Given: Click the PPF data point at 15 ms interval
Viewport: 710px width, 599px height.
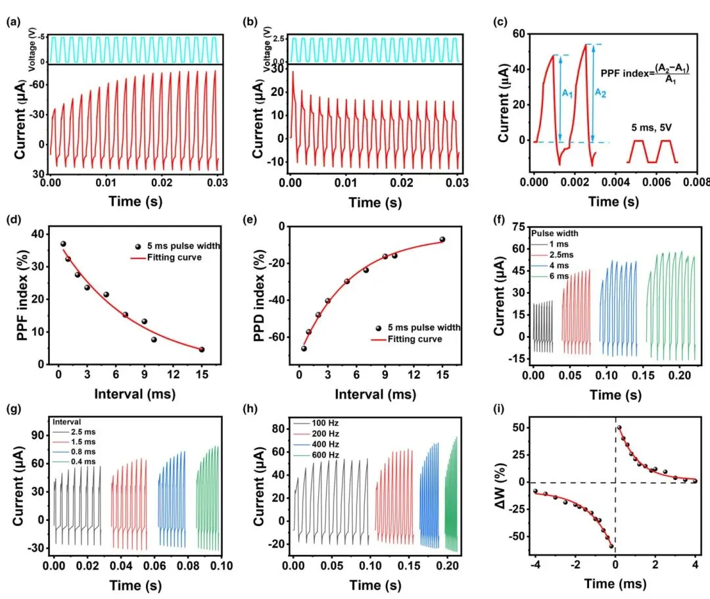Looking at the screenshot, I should click(201, 350).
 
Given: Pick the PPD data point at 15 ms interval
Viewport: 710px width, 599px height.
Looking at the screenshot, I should click(442, 239).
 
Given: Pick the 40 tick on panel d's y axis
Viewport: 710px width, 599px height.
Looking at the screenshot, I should click(41, 234).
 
